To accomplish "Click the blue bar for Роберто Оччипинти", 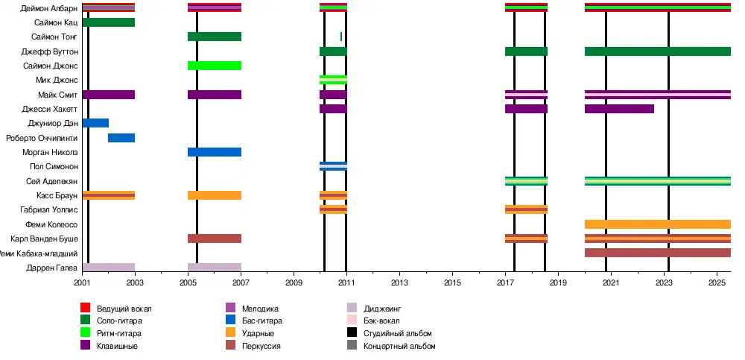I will tap(121, 138).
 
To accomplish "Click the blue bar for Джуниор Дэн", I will tap(95, 123).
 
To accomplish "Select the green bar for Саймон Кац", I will tap(108, 22).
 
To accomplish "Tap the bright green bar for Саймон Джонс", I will tap(215, 66).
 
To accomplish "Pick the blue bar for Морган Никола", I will tap(215, 152).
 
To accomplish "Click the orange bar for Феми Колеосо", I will tap(657, 224).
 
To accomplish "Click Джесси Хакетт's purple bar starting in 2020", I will tap(619, 109).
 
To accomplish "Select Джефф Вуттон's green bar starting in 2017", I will tap(526, 51).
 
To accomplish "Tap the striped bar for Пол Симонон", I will tap(333, 166).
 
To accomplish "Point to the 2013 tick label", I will tap(400, 283).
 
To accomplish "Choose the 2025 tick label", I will tap(717, 283).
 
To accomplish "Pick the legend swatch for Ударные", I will tap(230, 334).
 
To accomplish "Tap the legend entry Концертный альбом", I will tap(399, 347).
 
